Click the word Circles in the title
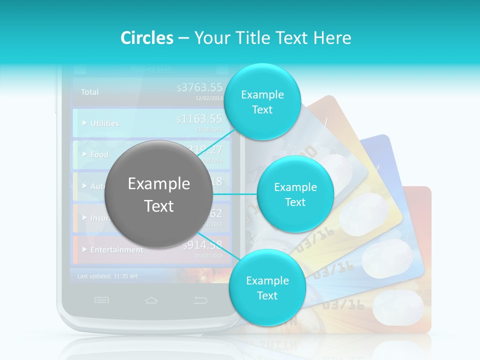coord(146,38)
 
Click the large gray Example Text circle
coord(159,194)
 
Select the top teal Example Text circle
coord(262,101)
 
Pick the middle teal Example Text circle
coord(295,194)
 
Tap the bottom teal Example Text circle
coord(267,287)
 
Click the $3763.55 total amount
coord(199,88)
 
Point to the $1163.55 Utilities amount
coord(199,119)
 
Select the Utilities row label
coord(104,123)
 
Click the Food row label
coord(98,154)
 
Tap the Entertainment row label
coord(116,249)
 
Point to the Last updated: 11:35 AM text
coord(107,276)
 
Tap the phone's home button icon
coord(151,300)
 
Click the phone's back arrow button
coord(200,300)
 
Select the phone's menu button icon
coord(101,300)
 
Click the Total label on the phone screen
coord(90,92)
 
